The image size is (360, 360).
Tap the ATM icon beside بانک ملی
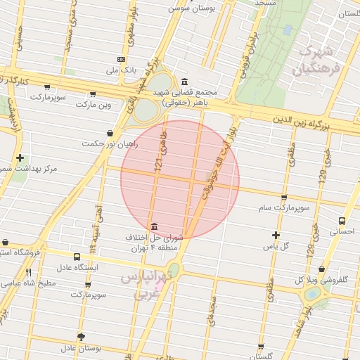(122, 59)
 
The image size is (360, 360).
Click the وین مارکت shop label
(94, 105)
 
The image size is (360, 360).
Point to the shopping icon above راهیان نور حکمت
(110, 132)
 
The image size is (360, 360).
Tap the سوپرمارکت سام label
(284, 209)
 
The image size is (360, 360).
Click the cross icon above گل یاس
(276, 235)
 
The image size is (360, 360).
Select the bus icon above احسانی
(342, 219)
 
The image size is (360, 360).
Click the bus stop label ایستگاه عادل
(78, 267)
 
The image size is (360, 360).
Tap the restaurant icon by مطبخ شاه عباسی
(29, 272)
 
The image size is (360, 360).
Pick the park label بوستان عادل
(82, 347)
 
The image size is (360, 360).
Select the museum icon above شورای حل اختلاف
(154, 226)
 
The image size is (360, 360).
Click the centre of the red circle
(180, 179)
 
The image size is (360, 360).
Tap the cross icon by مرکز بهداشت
(20, 158)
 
